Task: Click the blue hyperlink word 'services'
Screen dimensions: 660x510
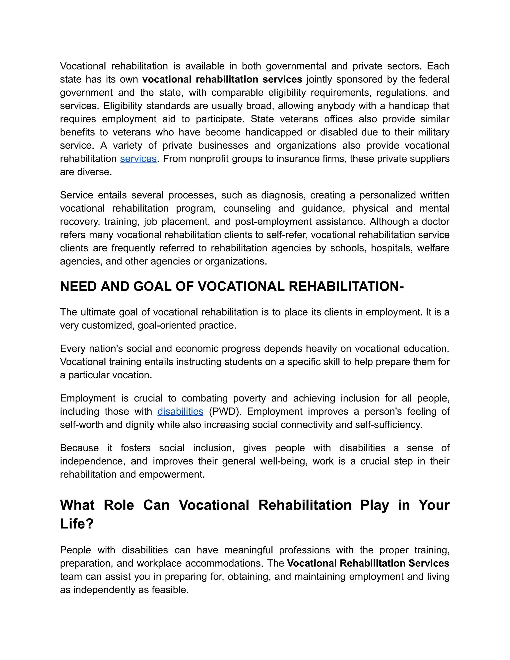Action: click(x=138, y=159)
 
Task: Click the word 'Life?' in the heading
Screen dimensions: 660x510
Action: click(x=77, y=524)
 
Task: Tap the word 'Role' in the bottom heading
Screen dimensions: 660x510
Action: click(x=119, y=505)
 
